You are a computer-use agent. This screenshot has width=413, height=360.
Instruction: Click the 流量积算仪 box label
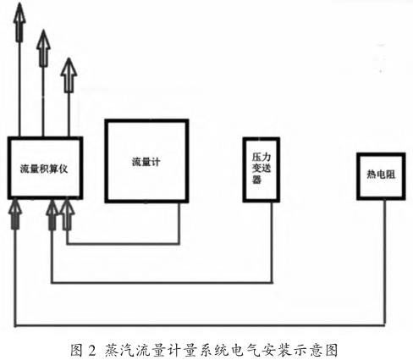click(x=44, y=169)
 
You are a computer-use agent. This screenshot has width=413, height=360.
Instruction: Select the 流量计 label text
click(x=146, y=162)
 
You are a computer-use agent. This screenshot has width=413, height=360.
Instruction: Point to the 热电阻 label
click(x=381, y=174)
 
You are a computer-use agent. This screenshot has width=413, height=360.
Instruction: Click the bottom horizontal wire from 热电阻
click(x=200, y=325)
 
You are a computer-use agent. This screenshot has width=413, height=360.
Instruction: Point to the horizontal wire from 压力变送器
click(x=162, y=282)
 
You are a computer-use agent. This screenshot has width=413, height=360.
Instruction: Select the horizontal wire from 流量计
click(x=123, y=243)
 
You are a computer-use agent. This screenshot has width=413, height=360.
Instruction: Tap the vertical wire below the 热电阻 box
click(x=384, y=263)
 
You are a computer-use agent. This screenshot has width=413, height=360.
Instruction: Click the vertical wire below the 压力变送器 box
click(x=272, y=242)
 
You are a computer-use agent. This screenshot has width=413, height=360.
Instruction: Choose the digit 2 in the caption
click(x=92, y=350)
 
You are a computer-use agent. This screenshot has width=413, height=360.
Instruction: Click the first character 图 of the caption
click(x=77, y=350)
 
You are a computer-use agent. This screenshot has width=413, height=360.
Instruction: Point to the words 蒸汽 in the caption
click(x=119, y=350)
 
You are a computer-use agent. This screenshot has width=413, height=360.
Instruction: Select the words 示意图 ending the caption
click(x=317, y=350)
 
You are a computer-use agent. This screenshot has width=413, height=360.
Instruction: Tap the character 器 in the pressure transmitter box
click(x=256, y=180)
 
